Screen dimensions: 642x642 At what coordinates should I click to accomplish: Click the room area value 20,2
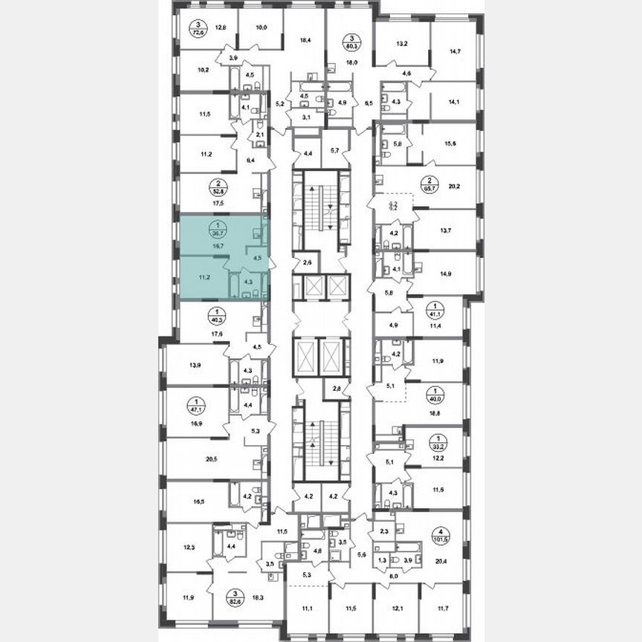[451, 188]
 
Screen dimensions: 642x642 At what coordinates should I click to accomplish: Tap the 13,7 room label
[446, 231]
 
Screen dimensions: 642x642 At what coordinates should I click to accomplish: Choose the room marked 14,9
[446, 273]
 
